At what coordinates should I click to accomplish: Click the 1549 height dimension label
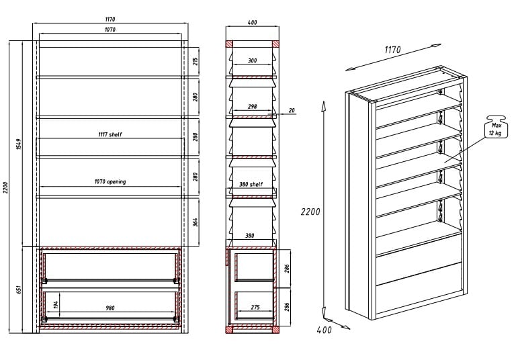point(19,144)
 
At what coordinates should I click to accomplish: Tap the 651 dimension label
point(19,290)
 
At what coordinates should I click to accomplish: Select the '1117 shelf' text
point(110,134)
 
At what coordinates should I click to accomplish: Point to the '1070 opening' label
point(110,181)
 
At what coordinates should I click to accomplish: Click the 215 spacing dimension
point(196,61)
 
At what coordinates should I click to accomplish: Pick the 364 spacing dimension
point(196,222)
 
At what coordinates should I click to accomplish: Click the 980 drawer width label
point(110,308)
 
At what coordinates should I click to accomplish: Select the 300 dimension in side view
point(252,60)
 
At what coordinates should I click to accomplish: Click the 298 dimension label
point(252,106)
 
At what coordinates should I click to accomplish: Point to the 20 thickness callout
point(292,110)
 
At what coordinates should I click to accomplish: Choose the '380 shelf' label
point(251,184)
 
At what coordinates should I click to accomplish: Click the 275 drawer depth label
point(255,307)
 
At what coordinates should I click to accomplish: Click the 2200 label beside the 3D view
point(310,212)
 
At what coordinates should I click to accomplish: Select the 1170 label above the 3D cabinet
point(392,50)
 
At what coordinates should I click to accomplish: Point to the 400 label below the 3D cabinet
point(324,330)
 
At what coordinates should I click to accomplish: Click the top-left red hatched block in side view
point(229,44)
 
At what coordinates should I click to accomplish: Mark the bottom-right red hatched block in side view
point(275,330)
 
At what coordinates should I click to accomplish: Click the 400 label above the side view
point(252,22)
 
